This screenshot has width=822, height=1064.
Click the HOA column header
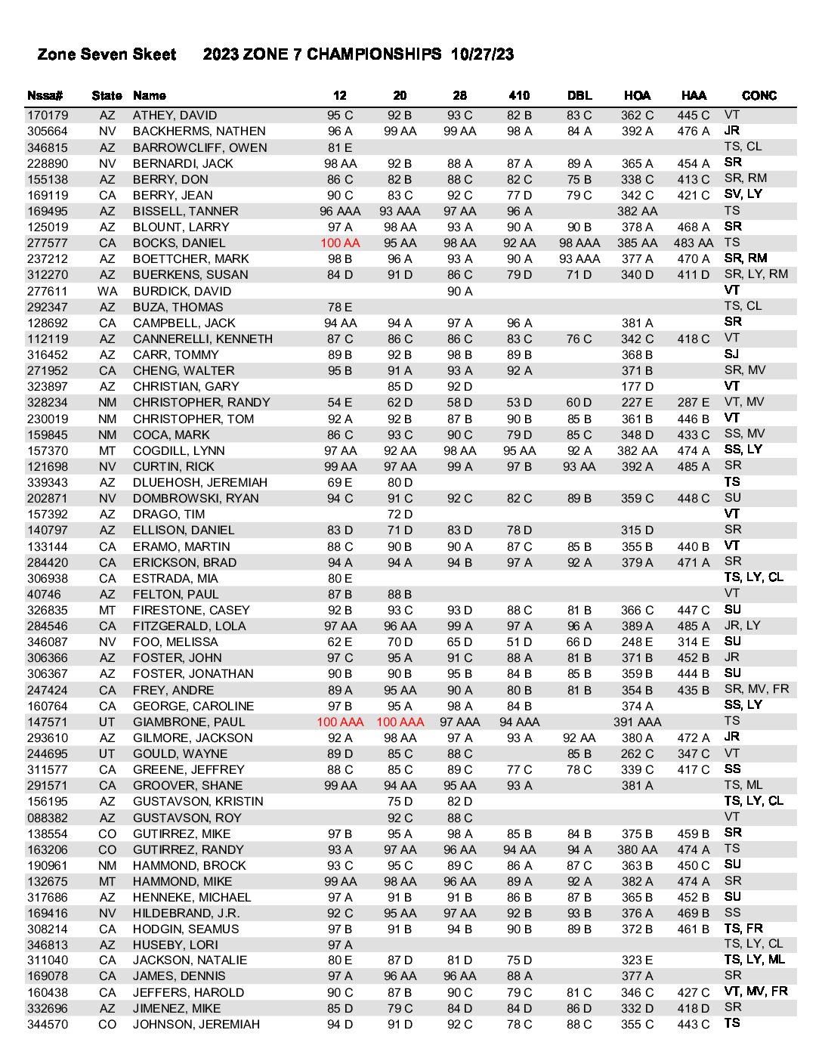coord(637,95)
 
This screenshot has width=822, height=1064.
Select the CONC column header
coord(759,95)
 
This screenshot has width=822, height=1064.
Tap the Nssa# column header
coord(45,95)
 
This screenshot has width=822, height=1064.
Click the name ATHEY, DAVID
coord(175,116)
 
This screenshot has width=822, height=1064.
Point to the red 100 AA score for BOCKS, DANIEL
coord(340,243)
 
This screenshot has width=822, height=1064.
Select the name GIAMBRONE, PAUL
coord(189,722)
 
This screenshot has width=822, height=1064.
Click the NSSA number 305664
coord(48,131)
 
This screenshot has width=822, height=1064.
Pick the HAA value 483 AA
coord(693,243)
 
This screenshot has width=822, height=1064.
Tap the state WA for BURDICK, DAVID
coord(107,291)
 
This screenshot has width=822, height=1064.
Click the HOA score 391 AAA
coord(637,722)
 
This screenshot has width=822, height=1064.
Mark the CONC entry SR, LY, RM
coord(756,274)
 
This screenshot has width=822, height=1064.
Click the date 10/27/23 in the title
coord(482,54)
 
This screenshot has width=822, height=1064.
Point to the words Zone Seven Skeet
coord(107,54)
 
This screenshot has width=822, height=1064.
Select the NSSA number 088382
coord(48,818)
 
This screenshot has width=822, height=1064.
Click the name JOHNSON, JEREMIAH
coord(196,1025)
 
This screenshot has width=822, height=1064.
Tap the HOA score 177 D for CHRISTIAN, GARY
coord(637,387)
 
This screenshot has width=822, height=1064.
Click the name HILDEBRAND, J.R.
coord(186,914)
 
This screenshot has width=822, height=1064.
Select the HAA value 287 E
coord(693,403)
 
